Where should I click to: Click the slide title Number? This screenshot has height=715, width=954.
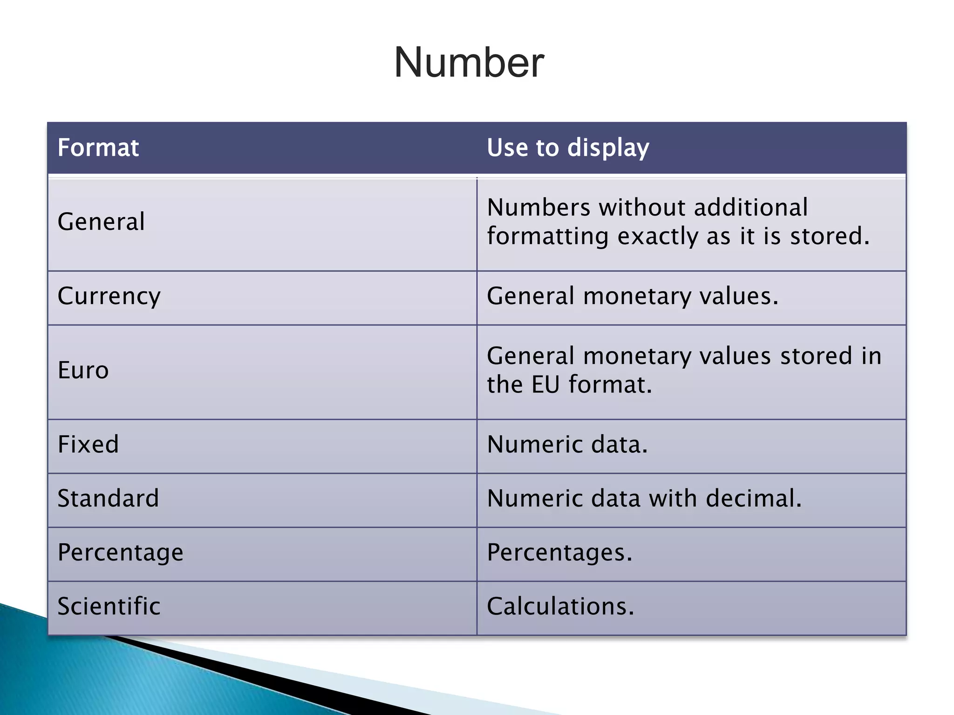[x=469, y=63]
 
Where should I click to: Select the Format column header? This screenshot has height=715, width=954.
[x=98, y=148]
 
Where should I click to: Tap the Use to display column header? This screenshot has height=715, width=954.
[x=567, y=148]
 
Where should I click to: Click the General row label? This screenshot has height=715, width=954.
[x=101, y=222]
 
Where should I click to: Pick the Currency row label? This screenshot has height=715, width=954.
[x=109, y=296]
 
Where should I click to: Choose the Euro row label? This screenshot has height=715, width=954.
[x=83, y=371]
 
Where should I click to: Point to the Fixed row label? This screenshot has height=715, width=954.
[x=88, y=444]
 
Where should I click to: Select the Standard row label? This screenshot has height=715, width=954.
[x=108, y=498]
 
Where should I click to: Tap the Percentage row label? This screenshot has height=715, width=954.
[x=120, y=553]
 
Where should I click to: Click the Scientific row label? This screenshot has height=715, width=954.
[x=109, y=606]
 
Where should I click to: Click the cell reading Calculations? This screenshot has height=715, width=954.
[x=560, y=606]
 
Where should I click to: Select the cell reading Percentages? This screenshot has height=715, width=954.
[x=559, y=553]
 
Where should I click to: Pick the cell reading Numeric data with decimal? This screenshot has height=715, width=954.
[x=644, y=498]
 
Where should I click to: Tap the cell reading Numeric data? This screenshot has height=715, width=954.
[x=567, y=444]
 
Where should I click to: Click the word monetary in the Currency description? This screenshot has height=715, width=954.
[x=637, y=296]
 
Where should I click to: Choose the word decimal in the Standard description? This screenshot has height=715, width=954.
[x=753, y=498]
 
